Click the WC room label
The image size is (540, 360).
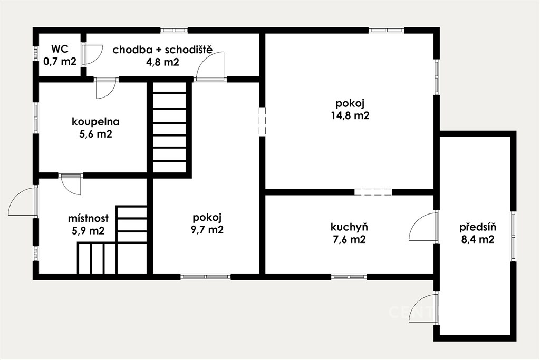pyautogui.click(x=60, y=49)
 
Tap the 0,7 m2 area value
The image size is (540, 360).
pyautogui.click(x=60, y=62)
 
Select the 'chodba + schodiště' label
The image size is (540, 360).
pyautogui.click(x=162, y=50)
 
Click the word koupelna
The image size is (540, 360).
pyautogui.click(x=96, y=122)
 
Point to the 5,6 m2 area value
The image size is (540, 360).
pyautogui.click(x=96, y=134)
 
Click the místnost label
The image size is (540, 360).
pyautogui.click(x=88, y=218)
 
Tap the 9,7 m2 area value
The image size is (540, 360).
pyautogui.click(x=207, y=230)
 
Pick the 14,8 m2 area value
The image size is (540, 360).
pyautogui.click(x=350, y=115)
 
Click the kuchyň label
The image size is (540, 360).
pyautogui.click(x=349, y=227)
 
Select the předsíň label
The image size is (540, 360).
pyautogui.click(x=478, y=227)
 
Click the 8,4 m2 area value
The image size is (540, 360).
pyautogui.click(x=478, y=239)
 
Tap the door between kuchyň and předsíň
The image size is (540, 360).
pyautogui.click(x=423, y=227)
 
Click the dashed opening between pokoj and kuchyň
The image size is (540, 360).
pyautogui.click(x=373, y=192)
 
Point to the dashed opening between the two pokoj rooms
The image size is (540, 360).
pyautogui.click(x=263, y=121)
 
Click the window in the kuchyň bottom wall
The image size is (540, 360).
pyautogui.click(x=349, y=276)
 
